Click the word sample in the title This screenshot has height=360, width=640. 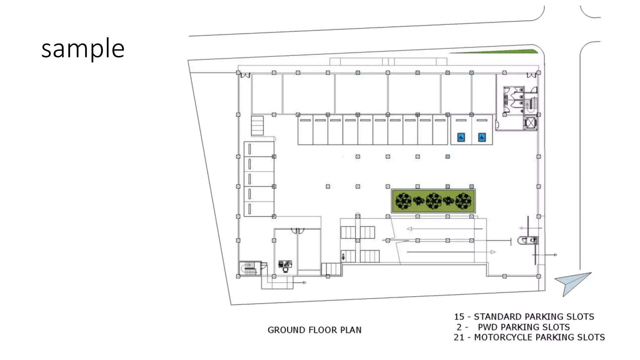83,49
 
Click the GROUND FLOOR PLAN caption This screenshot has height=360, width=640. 314,330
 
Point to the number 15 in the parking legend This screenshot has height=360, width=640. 459,317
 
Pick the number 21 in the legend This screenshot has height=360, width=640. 459,337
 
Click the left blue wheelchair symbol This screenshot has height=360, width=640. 461,137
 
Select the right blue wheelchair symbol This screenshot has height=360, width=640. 482,137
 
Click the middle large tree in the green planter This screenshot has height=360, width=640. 433,201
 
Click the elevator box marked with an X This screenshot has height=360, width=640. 530,123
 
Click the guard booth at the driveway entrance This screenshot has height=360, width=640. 528,240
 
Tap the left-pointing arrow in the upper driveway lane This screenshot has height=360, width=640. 409,229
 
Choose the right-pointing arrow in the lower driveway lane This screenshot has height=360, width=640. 493,252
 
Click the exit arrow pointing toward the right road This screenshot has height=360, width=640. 555,255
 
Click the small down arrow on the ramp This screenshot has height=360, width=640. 343,257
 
